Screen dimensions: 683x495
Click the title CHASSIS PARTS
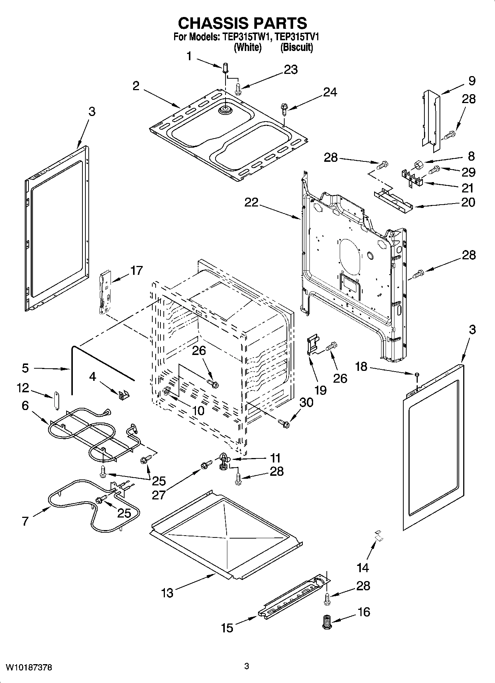pos(243,23)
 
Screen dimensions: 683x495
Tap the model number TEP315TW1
pos(247,37)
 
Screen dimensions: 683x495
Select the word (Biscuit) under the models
pos(296,47)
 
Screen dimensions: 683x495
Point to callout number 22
pos(251,202)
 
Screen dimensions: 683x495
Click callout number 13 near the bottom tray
pos(167,593)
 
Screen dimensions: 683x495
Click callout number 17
pos(136,270)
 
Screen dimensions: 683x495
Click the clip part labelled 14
pos(378,535)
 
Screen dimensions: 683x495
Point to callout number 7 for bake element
pos(25,522)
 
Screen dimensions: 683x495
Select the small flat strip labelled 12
pos(57,400)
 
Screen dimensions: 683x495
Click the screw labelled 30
pos(284,424)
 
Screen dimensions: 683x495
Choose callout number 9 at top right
pos(471,81)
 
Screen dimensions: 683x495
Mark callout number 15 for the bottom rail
pos(227,628)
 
